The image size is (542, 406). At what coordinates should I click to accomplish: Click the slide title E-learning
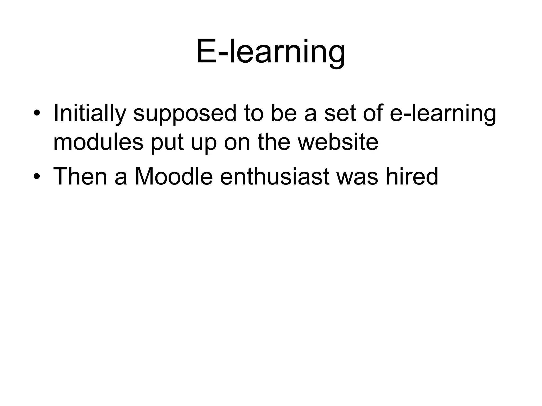click(x=271, y=52)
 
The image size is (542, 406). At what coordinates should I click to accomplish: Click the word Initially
click(x=89, y=114)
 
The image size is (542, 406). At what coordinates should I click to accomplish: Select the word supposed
click(x=184, y=114)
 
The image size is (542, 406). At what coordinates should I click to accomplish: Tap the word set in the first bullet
click(x=340, y=114)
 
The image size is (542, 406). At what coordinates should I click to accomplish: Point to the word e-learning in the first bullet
click(x=443, y=114)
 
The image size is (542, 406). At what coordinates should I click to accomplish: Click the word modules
click(x=98, y=142)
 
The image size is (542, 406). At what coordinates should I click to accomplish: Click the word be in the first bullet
click(x=283, y=114)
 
